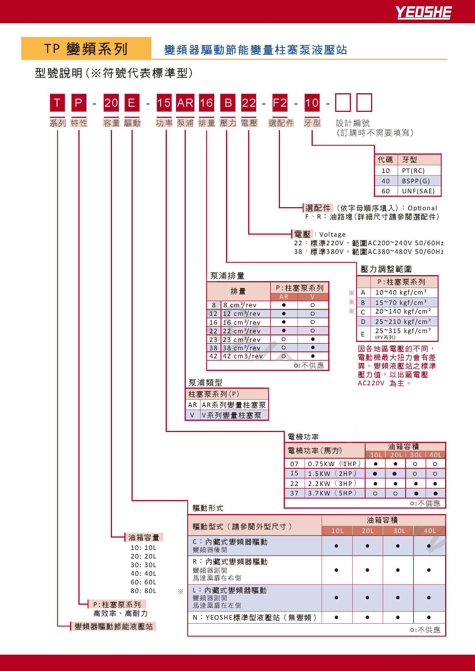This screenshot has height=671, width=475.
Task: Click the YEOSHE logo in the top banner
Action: [x=423, y=13]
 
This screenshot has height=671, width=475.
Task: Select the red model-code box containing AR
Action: [x=185, y=103]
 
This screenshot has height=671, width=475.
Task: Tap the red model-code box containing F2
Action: [x=280, y=103]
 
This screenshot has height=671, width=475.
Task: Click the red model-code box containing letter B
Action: [x=228, y=103]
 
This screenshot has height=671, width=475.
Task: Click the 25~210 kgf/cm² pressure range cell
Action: [x=403, y=322]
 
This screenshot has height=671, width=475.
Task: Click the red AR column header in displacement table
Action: [x=284, y=297]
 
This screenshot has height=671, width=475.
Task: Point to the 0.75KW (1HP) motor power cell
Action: [x=334, y=464]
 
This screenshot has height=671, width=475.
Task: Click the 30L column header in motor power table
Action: [x=416, y=455]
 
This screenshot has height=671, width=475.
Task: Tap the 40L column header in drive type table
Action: [x=430, y=531]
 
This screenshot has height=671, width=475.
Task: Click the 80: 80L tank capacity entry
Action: [x=143, y=591]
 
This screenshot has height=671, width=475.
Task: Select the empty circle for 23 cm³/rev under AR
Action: [x=283, y=339]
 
